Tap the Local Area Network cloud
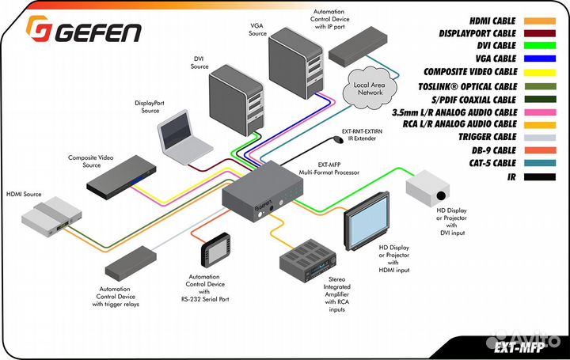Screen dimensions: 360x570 click(x=368, y=87)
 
